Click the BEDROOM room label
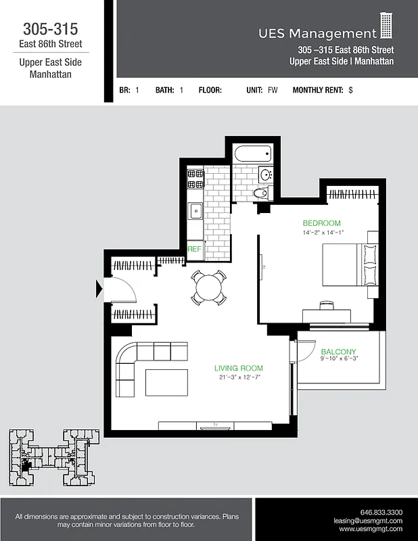321,223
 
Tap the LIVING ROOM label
238,369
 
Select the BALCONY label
338,352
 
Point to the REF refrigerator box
194,249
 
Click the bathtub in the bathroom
252,156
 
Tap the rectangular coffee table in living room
167,382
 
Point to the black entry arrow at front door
99,289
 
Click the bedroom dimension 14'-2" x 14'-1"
323,233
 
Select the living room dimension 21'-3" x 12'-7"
238,377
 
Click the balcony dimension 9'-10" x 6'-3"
339,360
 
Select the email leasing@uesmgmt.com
368,521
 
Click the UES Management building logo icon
386,26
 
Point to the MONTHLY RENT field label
318,90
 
